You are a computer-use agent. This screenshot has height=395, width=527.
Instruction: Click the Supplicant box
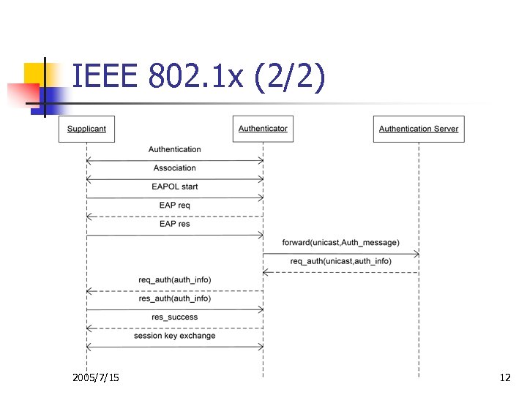click(86, 129)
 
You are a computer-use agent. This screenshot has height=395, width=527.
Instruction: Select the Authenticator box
click(263, 129)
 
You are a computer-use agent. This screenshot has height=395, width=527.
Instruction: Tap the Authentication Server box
click(419, 129)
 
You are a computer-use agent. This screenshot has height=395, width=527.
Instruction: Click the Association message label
click(174, 168)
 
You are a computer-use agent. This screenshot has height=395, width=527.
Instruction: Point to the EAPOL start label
click(174, 187)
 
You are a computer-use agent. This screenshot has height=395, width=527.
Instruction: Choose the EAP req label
click(174, 206)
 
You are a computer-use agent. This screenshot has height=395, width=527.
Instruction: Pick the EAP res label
click(174, 224)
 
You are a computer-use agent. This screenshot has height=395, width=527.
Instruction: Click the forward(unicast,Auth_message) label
click(340, 243)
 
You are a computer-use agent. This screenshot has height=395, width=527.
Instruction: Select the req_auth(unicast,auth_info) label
click(340, 261)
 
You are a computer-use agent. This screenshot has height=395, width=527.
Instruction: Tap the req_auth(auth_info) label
click(174, 280)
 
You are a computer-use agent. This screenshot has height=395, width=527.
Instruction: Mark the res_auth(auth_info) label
click(174, 298)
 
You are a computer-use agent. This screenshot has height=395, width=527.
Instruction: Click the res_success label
click(174, 317)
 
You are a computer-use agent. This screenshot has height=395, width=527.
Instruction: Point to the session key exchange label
click(174, 336)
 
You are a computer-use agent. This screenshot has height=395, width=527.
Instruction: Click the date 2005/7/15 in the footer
click(96, 377)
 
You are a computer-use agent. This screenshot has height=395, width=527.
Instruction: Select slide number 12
click(504, 377)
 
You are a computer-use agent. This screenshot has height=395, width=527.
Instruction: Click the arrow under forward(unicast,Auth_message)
click(340, 254)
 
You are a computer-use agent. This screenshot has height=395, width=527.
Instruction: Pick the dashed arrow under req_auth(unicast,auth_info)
click(340, 272)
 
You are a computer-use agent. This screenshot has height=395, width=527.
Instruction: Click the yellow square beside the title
click(34, 73)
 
